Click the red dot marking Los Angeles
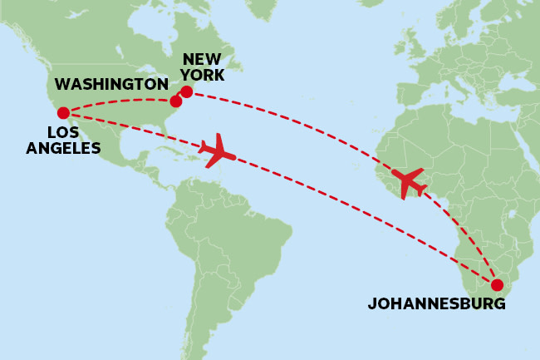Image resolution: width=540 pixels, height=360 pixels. click(x=63, y=112)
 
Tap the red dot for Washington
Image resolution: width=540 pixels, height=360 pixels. click(x=175, y=101)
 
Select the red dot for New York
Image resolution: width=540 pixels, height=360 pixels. click(x=186, y=91)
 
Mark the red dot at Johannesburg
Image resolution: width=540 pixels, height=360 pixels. click(x=497, y=285)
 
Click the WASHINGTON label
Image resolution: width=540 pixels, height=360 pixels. click(x=111, y=85)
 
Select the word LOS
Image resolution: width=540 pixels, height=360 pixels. click(x=63, y=133)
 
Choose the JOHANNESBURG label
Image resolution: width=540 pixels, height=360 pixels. click(x=436, y=304)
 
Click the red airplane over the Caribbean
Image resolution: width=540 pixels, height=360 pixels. click(x=218, y=151)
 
